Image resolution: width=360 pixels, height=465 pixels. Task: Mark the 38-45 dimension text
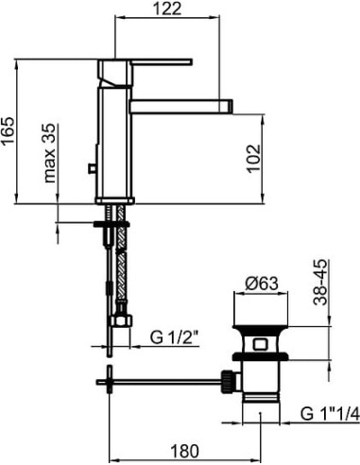click(323, 283)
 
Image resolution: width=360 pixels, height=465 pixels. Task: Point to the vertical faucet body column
click(114, 142)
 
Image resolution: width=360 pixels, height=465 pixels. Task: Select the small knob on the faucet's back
click(92, 168)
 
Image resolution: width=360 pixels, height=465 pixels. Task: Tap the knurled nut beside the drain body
click(227, 381)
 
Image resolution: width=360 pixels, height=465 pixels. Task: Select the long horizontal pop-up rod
click(161, 382)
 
